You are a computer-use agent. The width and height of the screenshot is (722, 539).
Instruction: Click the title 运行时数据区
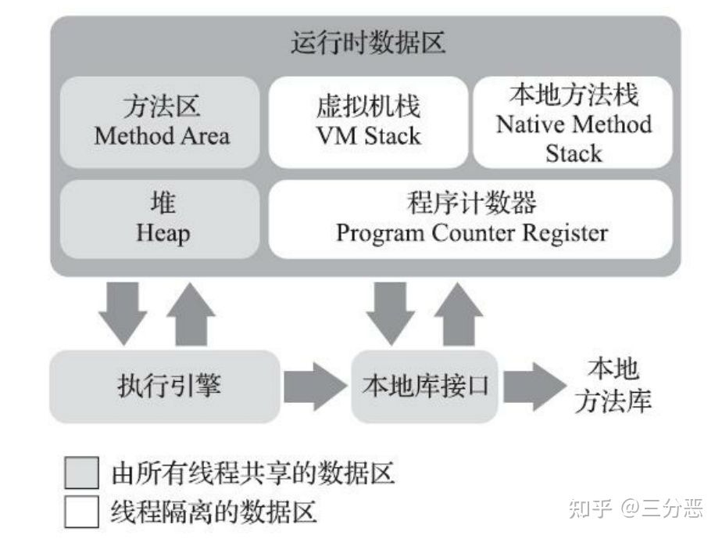pos(367,43)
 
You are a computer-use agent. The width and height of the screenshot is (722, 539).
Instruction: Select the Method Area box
pos(159,122)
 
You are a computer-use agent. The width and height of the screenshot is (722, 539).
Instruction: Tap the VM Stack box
pos(368,122)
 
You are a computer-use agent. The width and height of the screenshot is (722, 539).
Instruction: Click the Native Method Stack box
pos(573,122)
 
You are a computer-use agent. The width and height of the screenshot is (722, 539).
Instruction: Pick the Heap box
pos(159,219)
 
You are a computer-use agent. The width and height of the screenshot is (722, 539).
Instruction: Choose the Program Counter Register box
pos(470,219)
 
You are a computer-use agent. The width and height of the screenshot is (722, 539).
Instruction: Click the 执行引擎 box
pos(165,386)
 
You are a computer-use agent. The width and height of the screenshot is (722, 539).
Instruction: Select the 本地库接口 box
pos(424,386)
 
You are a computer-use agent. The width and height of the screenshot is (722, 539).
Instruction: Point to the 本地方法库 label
pos(613,386)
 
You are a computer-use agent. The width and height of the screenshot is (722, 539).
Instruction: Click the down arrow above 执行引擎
pos(123,314)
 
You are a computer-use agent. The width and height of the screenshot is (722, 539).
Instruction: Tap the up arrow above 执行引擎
pos(191,314)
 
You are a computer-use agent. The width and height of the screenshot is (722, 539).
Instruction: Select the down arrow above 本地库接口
pos(391,314)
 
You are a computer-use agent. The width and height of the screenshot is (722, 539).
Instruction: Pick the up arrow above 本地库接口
pos(459,314)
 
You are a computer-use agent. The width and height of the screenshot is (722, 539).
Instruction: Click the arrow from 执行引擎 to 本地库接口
pos(316,386)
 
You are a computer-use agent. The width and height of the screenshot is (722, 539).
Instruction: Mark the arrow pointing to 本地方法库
pos(535,386)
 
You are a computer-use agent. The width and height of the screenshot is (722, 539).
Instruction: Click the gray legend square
pos(81,473)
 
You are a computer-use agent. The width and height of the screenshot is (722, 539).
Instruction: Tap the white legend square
pos(81,512)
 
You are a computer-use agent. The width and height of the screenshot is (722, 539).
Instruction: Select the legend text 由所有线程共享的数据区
pos(253,473)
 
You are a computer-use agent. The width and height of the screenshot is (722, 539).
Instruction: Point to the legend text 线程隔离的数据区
pos(213,512)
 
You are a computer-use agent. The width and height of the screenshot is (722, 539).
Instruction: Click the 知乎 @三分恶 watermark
pos(636,508)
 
